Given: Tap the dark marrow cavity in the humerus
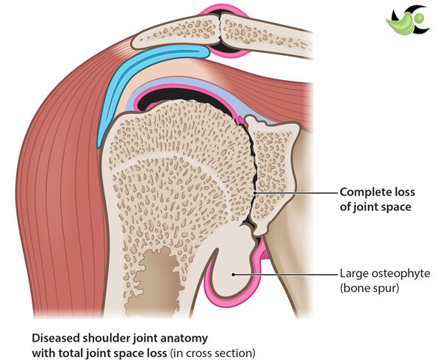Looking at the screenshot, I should click(158, 272).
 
